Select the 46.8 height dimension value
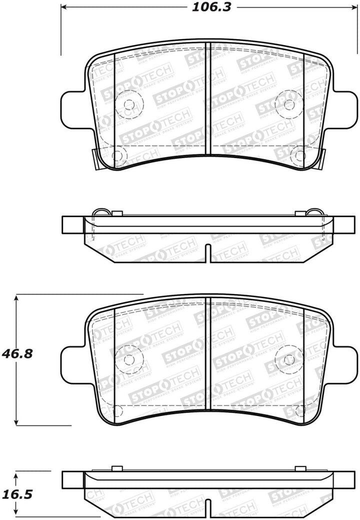[x=23, y=354]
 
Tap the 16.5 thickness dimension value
[x=23, y=494]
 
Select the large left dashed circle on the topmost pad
[x=129, y=104]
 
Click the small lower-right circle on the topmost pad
[x=299, y=155]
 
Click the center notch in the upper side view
[x=208, y=252]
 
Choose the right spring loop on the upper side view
[x=315, y=212]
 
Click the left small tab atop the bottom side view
[x=117, y=468]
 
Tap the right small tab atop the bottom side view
[x=300, y=468]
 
